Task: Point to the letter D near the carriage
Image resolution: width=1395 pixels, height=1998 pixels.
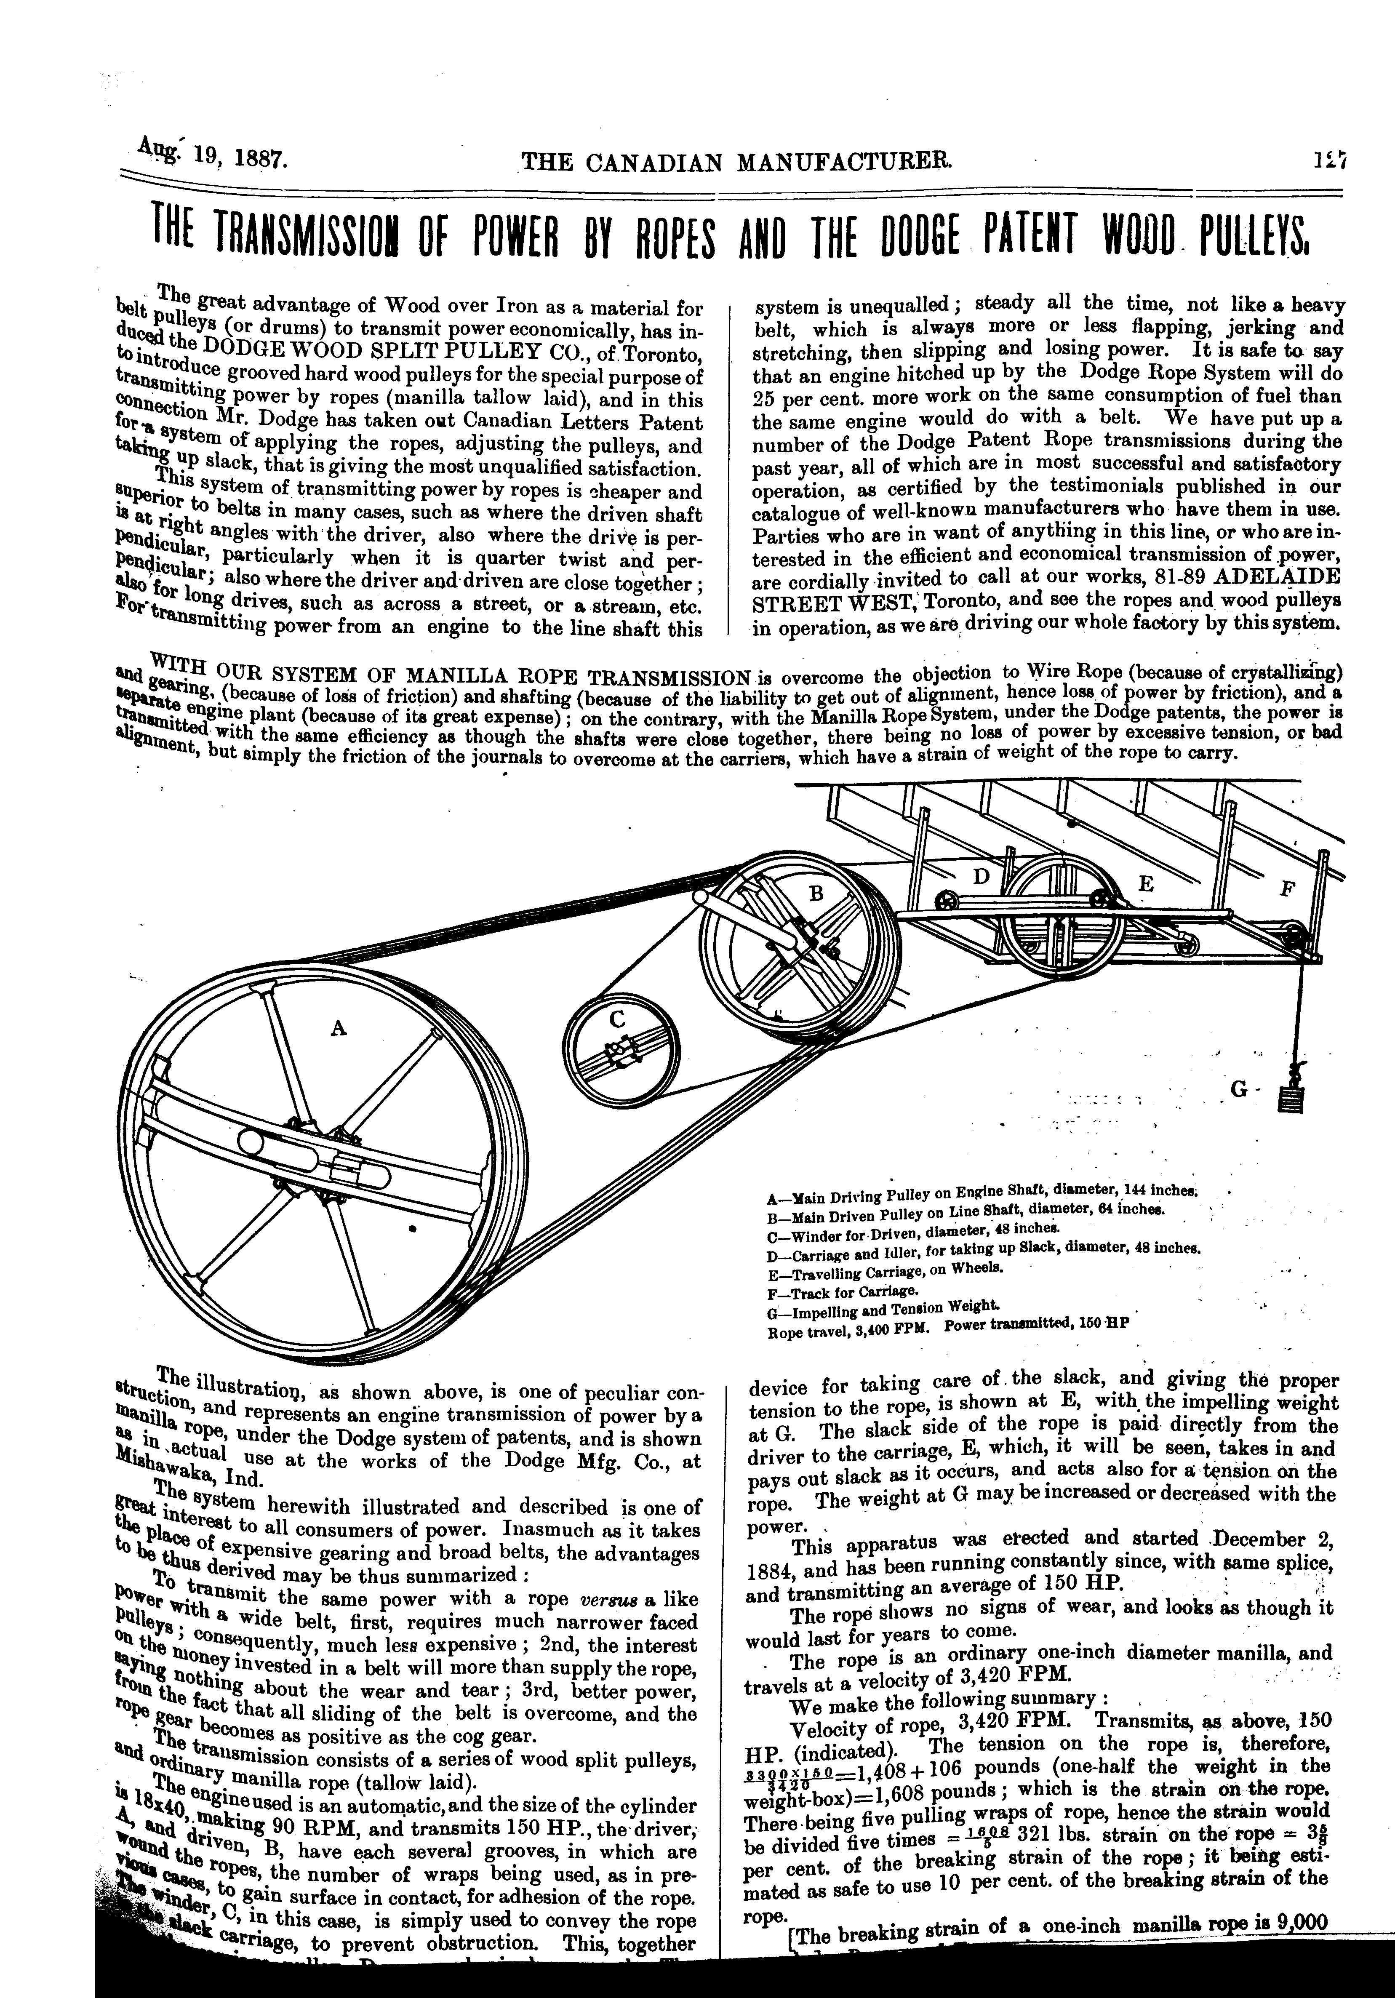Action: (981, 877)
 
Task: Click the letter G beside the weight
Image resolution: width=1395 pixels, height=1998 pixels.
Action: (1239, 1089)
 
